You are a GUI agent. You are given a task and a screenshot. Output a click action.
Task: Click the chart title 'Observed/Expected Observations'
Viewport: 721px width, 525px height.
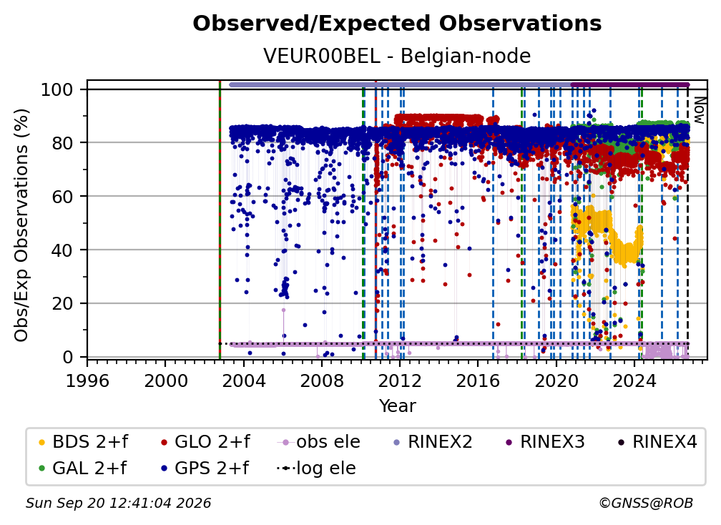coord(397,24)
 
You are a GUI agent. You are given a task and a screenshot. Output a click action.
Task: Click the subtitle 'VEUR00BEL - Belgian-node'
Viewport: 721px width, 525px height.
coord(397,56)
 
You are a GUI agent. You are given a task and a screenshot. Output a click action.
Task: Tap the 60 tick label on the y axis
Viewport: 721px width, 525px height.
coord(62,197)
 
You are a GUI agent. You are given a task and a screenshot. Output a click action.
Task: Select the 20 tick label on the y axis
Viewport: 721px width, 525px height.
coord(62,304)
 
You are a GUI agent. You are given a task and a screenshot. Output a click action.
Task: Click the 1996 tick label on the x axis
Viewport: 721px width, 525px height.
coord(87,381)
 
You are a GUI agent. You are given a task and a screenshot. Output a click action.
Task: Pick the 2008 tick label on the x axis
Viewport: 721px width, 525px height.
coord(321,381)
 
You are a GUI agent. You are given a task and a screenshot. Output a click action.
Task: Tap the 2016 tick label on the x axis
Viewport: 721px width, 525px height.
coord(478,381)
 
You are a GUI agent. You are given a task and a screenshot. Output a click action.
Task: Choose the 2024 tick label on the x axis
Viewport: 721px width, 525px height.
coord(634,381)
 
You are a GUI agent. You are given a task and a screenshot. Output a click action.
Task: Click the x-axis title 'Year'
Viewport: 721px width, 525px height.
coord(397,406)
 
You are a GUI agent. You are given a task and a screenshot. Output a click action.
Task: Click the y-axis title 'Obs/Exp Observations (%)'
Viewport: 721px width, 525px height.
coord(21,225)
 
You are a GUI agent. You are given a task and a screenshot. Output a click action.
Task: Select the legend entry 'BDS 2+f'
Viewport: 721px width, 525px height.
coord(83,442)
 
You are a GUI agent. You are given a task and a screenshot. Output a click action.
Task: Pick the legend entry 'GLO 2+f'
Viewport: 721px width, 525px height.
coord(205,442)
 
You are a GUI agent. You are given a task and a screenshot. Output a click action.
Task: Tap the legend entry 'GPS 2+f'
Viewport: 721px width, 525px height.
coord(204,468)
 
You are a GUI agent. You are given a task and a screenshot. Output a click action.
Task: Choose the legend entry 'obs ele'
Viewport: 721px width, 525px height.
coord(319,442)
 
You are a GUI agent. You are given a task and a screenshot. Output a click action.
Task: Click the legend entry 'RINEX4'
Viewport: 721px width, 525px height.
coord(657,442)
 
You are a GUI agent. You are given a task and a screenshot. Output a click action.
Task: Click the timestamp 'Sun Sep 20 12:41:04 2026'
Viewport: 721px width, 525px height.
coord(118,504)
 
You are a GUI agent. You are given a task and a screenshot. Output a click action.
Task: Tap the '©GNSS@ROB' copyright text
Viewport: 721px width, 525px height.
coord(646,504)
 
